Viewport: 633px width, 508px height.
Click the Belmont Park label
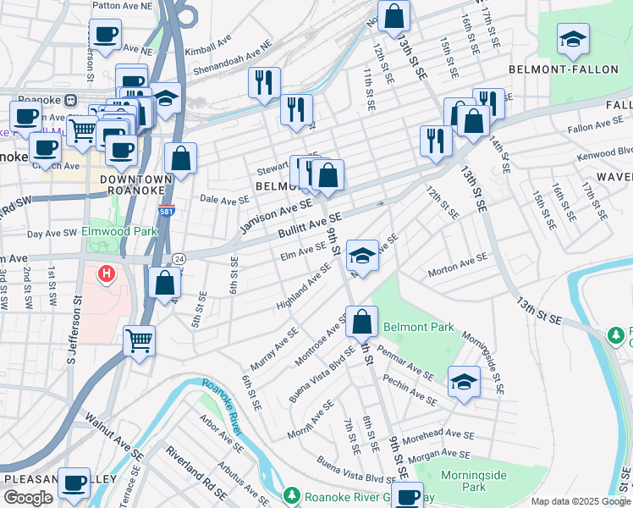(419, 327)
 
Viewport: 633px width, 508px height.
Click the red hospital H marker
(106, 273)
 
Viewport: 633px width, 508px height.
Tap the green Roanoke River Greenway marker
(292, 494)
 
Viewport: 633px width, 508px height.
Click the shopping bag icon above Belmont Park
(361, 322)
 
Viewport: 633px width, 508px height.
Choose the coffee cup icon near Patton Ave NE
(106, 35)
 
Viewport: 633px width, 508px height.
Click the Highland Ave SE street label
(302, 285)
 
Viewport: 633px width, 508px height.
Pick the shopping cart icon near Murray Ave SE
(139, 341)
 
